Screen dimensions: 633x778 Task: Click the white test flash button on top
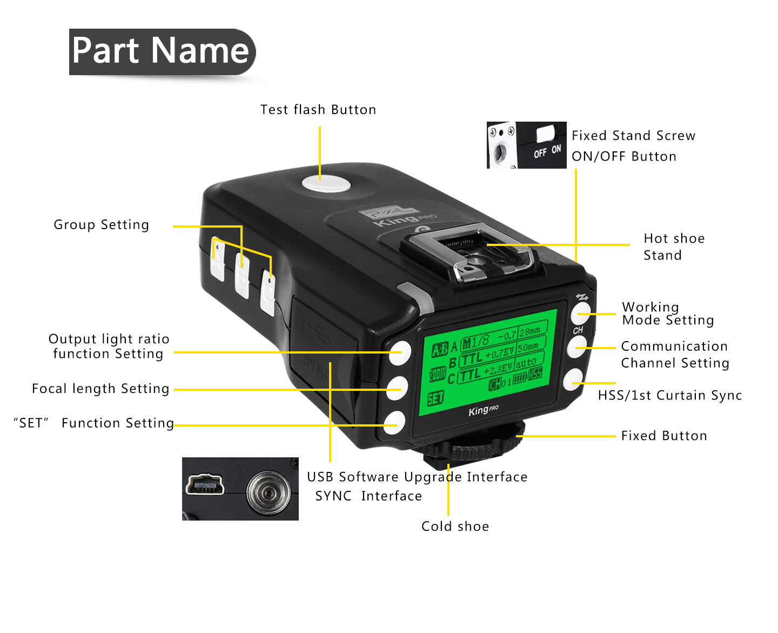tap(326, 184)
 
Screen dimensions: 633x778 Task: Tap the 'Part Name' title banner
tap(161, 51)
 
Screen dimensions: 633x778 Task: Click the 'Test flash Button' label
tap(318, 110)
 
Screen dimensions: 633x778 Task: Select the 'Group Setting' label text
tap(102, 225)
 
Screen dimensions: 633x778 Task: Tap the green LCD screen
tap(489, 362)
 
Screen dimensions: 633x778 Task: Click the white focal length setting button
tap(397, 388)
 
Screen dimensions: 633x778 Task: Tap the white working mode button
tap(581, 312)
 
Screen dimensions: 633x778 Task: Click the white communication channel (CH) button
tap(577, 347)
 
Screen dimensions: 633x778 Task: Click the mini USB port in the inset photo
tap(205, 484)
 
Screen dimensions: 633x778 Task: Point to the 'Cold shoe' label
tap(455, 527)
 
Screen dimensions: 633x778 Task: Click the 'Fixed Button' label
tap(664, 436)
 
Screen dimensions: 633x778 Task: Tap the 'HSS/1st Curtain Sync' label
tap(670, 396)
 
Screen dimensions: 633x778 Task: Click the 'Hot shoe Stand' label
tap(674, 246)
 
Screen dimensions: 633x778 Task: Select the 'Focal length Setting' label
tap(100, 389)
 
